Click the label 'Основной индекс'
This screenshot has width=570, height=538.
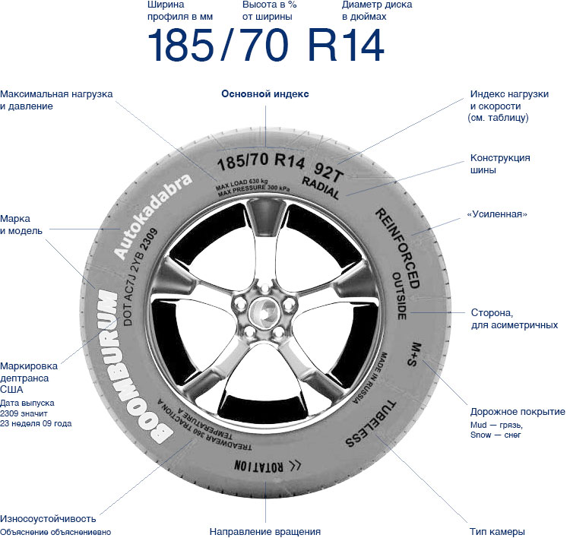pos(265,94)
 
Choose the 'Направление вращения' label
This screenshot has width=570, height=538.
pos(265,531)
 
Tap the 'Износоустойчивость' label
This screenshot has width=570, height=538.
pos(48,518)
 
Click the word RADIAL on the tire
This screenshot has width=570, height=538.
pos(325,183)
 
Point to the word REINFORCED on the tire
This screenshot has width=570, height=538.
pos(397,237)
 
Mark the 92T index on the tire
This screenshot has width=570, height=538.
pos(328,163)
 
